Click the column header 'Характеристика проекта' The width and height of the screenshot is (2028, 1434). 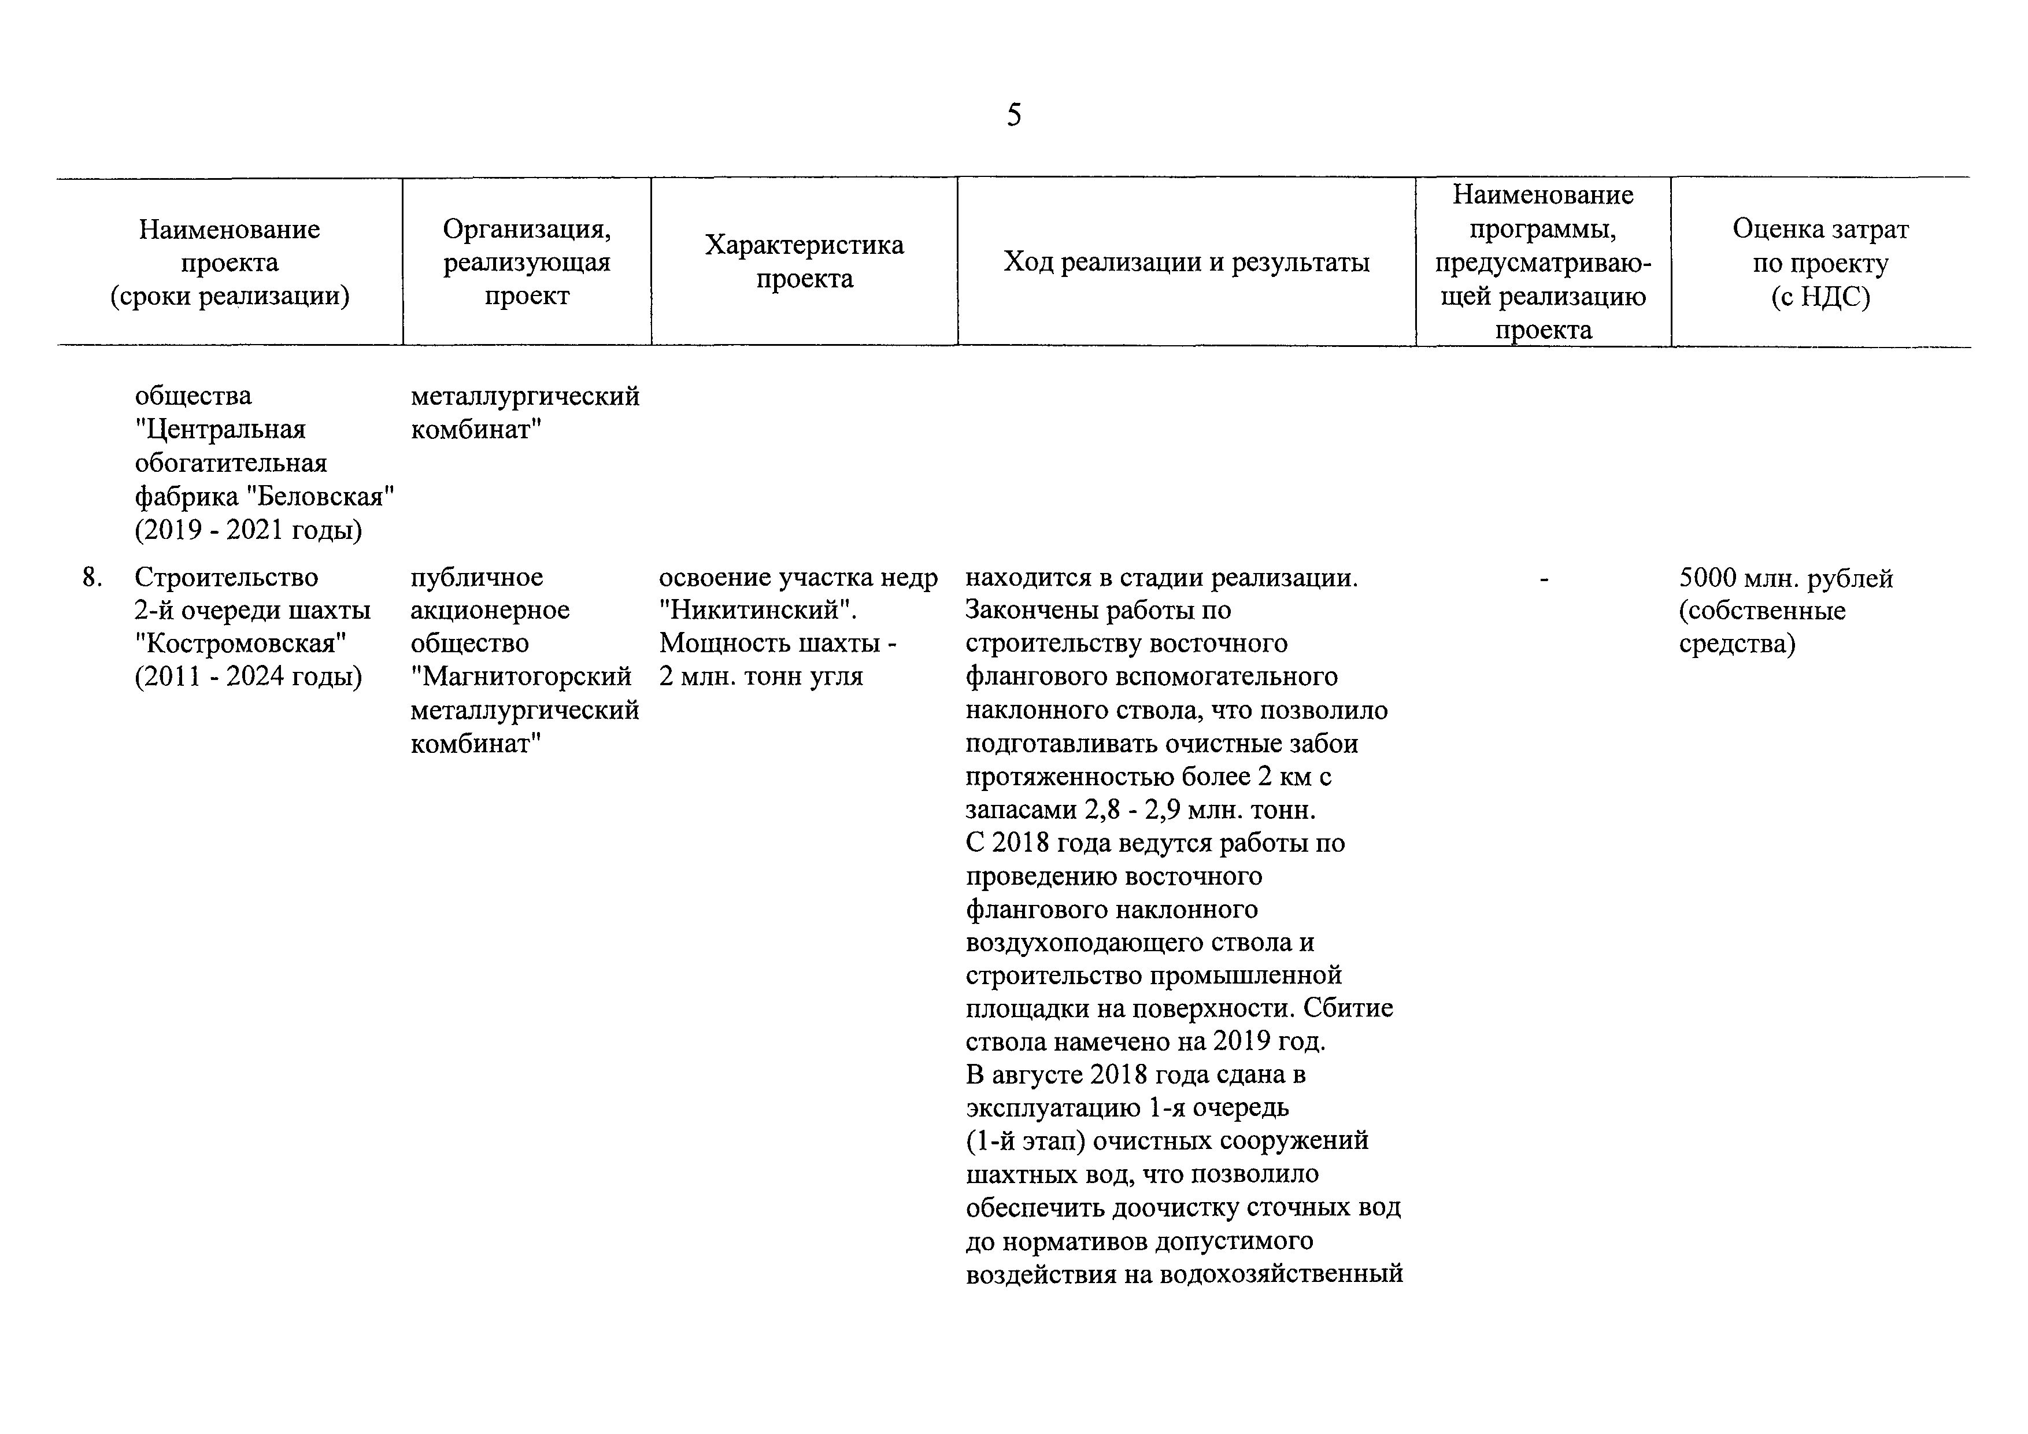(x=804, y=261)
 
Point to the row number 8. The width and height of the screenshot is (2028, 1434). (x=91, y=578)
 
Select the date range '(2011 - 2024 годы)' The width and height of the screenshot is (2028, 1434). (x=248, y=677)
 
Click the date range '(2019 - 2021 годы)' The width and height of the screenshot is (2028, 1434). (x=248, y=530)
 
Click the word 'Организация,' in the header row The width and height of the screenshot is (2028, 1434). (x=527, y=230)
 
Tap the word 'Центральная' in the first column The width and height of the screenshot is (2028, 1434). (x=221, y=430)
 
